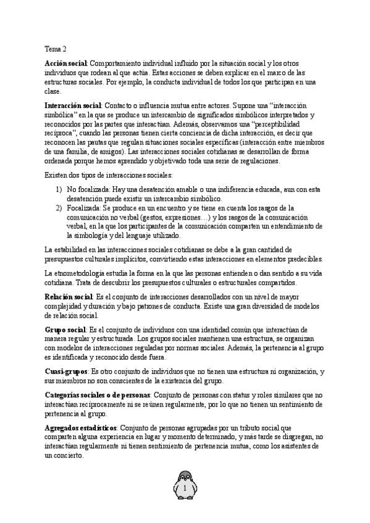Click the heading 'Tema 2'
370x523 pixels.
tap(56, 48)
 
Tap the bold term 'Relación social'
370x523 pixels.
tap(69, 297)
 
